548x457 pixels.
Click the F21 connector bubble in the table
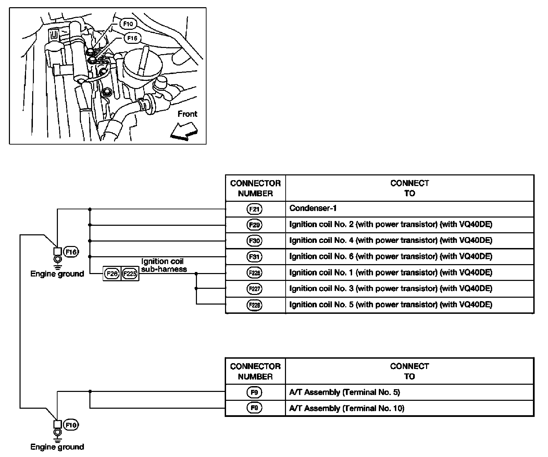[x=254, y=209]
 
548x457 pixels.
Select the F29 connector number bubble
[x=254, y=225]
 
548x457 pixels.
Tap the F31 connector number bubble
[x=254, y=257]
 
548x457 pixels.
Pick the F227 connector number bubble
[x=254, y=289]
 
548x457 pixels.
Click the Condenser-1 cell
[x=313, y=208]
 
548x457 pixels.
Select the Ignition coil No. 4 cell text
[x=390, y=240]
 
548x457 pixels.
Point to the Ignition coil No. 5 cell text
[x=390, y=305]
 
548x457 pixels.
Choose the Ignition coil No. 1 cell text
[x=390, y=273]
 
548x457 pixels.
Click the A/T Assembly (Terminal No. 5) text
[x=345, y=392]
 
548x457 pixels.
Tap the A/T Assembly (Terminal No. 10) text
[x=347, y=408]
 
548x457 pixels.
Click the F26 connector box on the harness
[x=112, y=274]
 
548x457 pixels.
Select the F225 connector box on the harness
[x=130, y=274]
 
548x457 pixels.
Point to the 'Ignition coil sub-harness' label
[x=164, y=265]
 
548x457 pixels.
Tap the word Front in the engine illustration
[x=187, y=114]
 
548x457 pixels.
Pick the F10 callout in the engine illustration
[x=128, y=24]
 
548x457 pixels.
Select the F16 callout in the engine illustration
[x=132, y=38]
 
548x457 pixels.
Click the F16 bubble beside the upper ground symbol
[x=72, y=252]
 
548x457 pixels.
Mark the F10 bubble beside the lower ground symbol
[x=72, y=425]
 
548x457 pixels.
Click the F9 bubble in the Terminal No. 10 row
[x=254, y=408]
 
